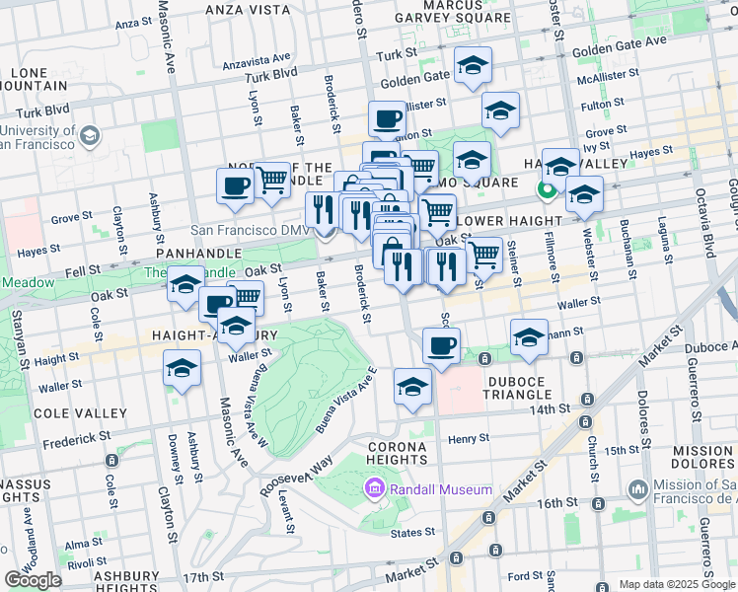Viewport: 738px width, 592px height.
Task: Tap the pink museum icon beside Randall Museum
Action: (x=374, y=488)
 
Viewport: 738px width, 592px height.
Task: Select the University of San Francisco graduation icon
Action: (x=90, y=135)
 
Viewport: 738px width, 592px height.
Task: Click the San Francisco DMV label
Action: (x=250, y=230)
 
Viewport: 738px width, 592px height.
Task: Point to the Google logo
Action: (x=33, y=579)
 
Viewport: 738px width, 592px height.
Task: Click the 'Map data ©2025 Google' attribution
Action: (x=677, y=584)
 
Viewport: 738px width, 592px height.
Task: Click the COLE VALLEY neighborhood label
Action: (x=80, y=413)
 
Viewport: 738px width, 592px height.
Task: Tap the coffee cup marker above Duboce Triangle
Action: (x=441, y=345)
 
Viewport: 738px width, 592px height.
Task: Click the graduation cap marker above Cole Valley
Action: (x=183, y=369)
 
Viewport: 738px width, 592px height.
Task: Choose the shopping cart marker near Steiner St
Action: (x=482, y=254)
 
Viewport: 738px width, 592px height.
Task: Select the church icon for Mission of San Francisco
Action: (x=637, y=488)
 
